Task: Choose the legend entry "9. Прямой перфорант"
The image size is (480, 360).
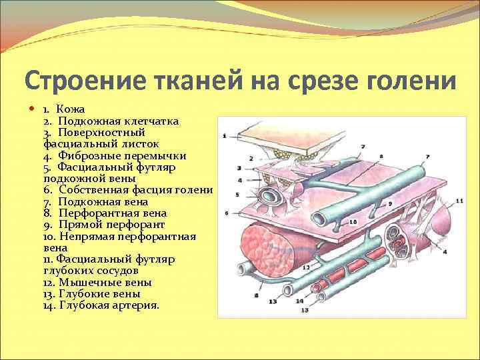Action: click(103, 225)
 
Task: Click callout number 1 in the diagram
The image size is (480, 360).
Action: click(225, 135)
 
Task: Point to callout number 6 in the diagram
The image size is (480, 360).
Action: click(227, 213)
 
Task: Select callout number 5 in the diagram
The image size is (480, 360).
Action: click(237, 195)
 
